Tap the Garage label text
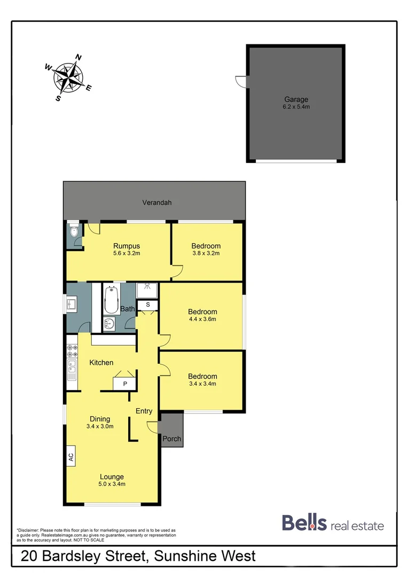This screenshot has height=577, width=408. tap(296, 99)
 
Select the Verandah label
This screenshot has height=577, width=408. tap(156, 202)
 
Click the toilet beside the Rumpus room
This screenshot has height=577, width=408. tap(74, 232)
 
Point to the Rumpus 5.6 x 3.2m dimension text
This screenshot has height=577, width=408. tap(126, 253)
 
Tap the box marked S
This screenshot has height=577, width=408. tap(148, 305)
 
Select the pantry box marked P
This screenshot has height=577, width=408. tap(125, 384)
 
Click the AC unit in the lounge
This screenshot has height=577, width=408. tap(70, 457)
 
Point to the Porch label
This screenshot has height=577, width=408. tap(172, 439)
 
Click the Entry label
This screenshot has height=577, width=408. tap(144, 411)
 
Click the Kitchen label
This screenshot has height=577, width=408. tap(101, 363)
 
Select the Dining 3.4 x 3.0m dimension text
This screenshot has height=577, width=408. tap(100, 426)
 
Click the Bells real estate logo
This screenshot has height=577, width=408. tap(332, 524)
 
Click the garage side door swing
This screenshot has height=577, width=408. tap(240, 82)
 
